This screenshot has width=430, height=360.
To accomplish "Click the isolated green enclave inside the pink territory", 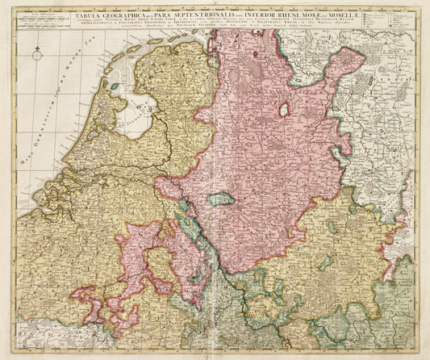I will click(x=220, y=199).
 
